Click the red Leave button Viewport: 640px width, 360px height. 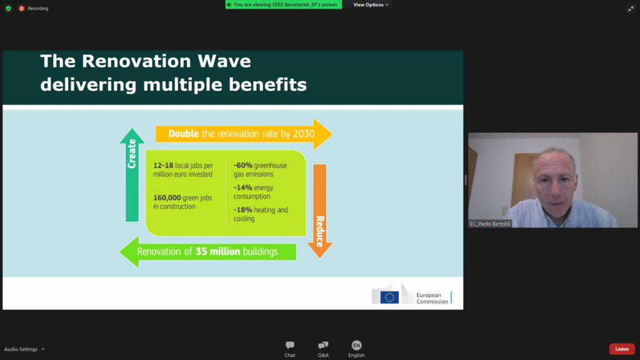coord(622,349)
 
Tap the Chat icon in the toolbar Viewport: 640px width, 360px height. coord(290,345)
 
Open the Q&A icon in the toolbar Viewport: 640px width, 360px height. coord(323,345)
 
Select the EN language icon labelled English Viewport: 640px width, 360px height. coord(356,345)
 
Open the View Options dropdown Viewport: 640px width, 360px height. coord(371,5)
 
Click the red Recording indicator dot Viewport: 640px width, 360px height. coord(22,8)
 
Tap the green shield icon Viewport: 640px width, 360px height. coord(8,8)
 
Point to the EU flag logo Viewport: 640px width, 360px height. coord(389,297)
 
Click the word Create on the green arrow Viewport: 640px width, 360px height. coord(131,154)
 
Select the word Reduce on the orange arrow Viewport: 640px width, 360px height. coord(320,231)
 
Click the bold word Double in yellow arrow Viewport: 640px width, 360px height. coord(183,134)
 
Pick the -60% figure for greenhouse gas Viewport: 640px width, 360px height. coord(243,165)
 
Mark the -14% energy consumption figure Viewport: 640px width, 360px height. coord(243,187)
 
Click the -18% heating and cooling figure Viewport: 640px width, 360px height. coord(243,210)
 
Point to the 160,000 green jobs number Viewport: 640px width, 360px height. coord(167,198)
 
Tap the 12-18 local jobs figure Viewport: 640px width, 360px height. coord(163,165)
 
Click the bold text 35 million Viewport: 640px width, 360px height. coord(217,251)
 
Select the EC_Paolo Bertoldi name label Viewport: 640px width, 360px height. coord(490,224)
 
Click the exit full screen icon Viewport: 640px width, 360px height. coord(631,9)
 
